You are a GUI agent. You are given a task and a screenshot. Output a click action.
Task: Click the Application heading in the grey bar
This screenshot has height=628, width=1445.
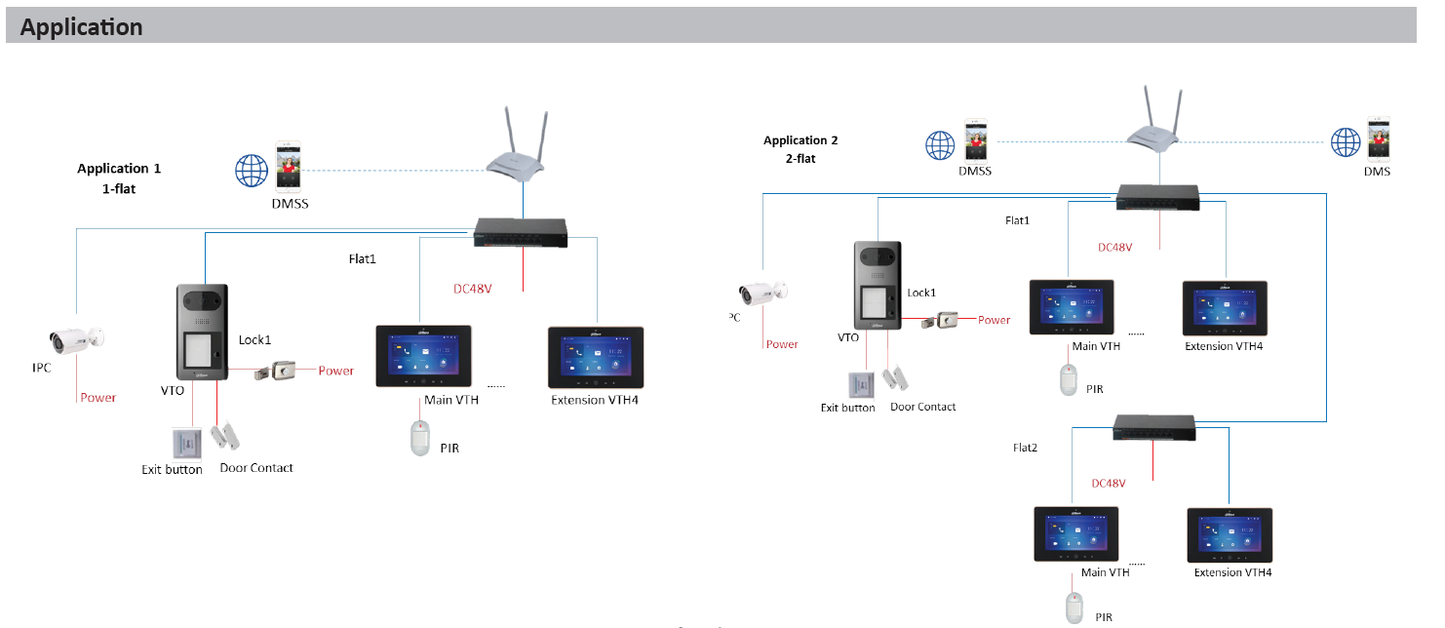(x=81, y=27)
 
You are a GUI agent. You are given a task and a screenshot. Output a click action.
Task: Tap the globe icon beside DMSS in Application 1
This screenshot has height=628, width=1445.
(x=251, y=170)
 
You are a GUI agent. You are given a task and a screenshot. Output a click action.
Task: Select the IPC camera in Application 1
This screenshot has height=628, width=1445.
(x=76, y=339)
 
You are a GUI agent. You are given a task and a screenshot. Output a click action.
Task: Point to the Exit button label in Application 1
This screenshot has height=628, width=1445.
(x=172, y=470)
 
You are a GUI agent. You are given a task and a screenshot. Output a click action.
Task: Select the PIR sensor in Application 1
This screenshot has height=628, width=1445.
(x=420, y=438)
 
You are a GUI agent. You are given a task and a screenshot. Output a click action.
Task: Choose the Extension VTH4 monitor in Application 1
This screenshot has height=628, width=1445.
(x=595, y=358)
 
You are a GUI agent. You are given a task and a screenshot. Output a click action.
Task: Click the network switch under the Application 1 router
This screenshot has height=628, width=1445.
(x=521, y=233)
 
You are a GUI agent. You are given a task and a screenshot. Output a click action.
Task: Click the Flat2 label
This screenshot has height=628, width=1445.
(x=1025, y=448)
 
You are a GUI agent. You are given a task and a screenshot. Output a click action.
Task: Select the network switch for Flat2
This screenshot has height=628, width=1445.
(x=1154, y=427)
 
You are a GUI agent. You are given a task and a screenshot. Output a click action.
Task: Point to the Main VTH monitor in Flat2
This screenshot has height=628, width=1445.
(x=1076, y=533)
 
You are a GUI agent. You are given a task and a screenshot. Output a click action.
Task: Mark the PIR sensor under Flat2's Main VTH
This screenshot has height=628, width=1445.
(x=1074, y=606)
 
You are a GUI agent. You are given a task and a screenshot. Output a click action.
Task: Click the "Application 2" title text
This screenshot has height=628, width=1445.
(x=801, y=140)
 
